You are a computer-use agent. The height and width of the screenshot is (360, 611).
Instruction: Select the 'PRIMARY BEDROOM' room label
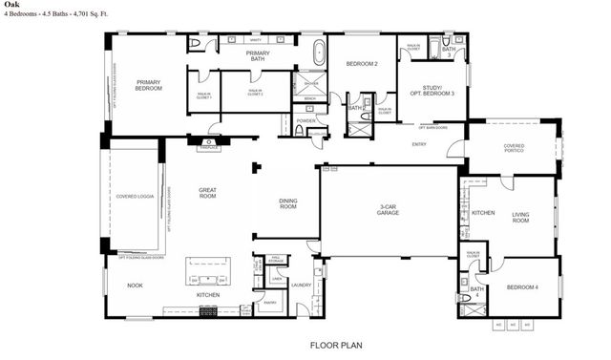pyautogui.click(x=148, y=84)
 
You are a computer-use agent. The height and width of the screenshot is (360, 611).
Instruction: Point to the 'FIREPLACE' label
pyautogui.click(x=208, y=147)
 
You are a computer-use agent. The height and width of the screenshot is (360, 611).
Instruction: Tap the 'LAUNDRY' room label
pyautogui.click(x=302, y=285)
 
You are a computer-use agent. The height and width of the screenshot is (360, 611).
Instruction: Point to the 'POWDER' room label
pyautogui.click(x=305, y=121)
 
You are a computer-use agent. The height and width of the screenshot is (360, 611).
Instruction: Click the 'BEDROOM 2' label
pyautogui.click(x=362, y=63)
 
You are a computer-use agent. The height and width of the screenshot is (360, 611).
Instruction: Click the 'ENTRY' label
pyautogui.click(x=419, y=144)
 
